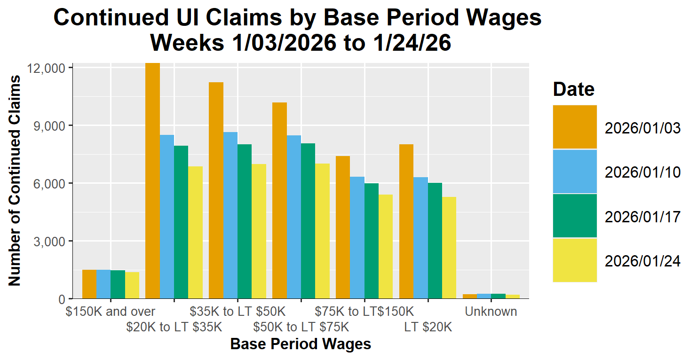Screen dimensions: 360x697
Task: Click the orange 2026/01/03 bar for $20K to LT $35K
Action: [152, 181]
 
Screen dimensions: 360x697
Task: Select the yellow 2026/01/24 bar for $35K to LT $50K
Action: [259, 231]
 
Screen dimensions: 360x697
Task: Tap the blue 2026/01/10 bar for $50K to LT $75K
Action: [294, 217]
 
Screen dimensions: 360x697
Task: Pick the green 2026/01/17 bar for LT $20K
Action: [435, 241]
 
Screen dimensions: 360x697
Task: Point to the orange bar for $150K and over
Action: [89, 284]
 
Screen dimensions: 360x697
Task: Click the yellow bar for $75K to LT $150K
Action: [386, 246]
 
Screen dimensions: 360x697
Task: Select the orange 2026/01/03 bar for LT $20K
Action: [406, 221]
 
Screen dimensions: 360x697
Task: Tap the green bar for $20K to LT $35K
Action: [181, 222]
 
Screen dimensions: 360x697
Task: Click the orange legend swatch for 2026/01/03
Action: [575, 127]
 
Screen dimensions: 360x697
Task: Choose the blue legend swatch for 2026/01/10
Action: [575, 172]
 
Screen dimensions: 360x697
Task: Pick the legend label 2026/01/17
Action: [642, 217]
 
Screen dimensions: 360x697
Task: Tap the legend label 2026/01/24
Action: [642, 261]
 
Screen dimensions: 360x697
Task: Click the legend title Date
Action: [574, 89]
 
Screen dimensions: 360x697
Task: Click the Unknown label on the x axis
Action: [491, 312]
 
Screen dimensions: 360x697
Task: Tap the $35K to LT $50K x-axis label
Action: [238, 312]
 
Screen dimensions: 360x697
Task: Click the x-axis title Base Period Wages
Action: [301, 344]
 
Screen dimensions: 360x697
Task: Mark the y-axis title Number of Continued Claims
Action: [15, 181]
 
